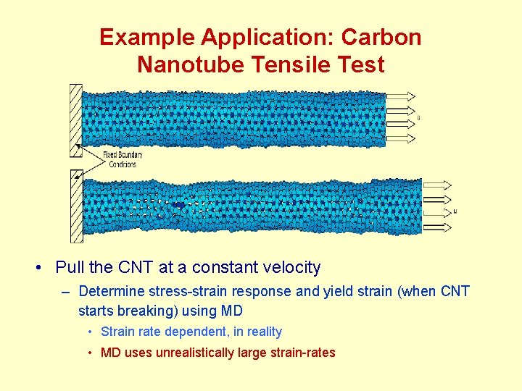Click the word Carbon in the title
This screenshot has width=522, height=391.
click(384, 38)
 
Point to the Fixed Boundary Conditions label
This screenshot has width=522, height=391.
click(123, 159)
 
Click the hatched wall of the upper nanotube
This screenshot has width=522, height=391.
click(75, 119)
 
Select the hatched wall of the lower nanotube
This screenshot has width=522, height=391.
click(75, 206)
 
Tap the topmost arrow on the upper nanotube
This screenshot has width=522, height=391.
click(401, 96)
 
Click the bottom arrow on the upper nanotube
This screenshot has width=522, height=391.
click(401, 138)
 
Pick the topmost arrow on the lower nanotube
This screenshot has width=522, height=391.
click(437, 185)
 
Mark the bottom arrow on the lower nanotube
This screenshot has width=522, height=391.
click(437, 228)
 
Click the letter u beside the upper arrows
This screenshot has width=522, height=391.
click(419, 117)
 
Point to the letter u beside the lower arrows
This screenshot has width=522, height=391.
click(455, 211)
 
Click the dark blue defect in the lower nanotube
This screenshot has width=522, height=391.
click(178, 206)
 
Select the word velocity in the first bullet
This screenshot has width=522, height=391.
click(289, 268)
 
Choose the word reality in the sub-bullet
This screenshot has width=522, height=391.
click(264, 332)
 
